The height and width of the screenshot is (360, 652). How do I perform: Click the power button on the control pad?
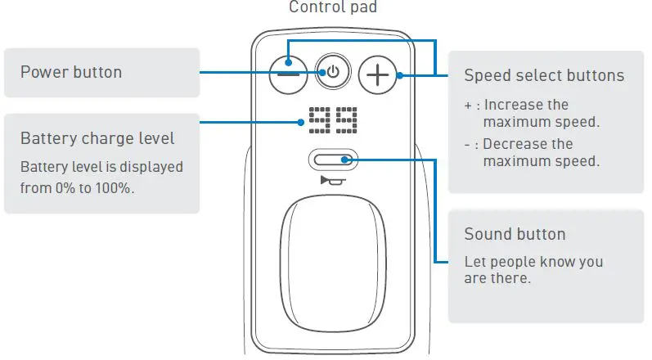[x=332, y=73]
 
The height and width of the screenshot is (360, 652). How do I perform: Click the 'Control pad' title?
[x=332, y=7]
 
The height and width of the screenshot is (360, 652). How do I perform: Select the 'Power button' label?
[x=71, y=72]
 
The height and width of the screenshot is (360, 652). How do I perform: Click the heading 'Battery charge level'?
[x=97, y=137]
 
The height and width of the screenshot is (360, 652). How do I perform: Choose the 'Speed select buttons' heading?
[x=544, y=75]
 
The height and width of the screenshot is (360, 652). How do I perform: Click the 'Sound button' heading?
[x=515, y=234]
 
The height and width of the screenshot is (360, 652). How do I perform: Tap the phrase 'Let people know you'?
[x=533, y=262]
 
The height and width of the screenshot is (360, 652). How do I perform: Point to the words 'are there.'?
[x=497, y=278]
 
